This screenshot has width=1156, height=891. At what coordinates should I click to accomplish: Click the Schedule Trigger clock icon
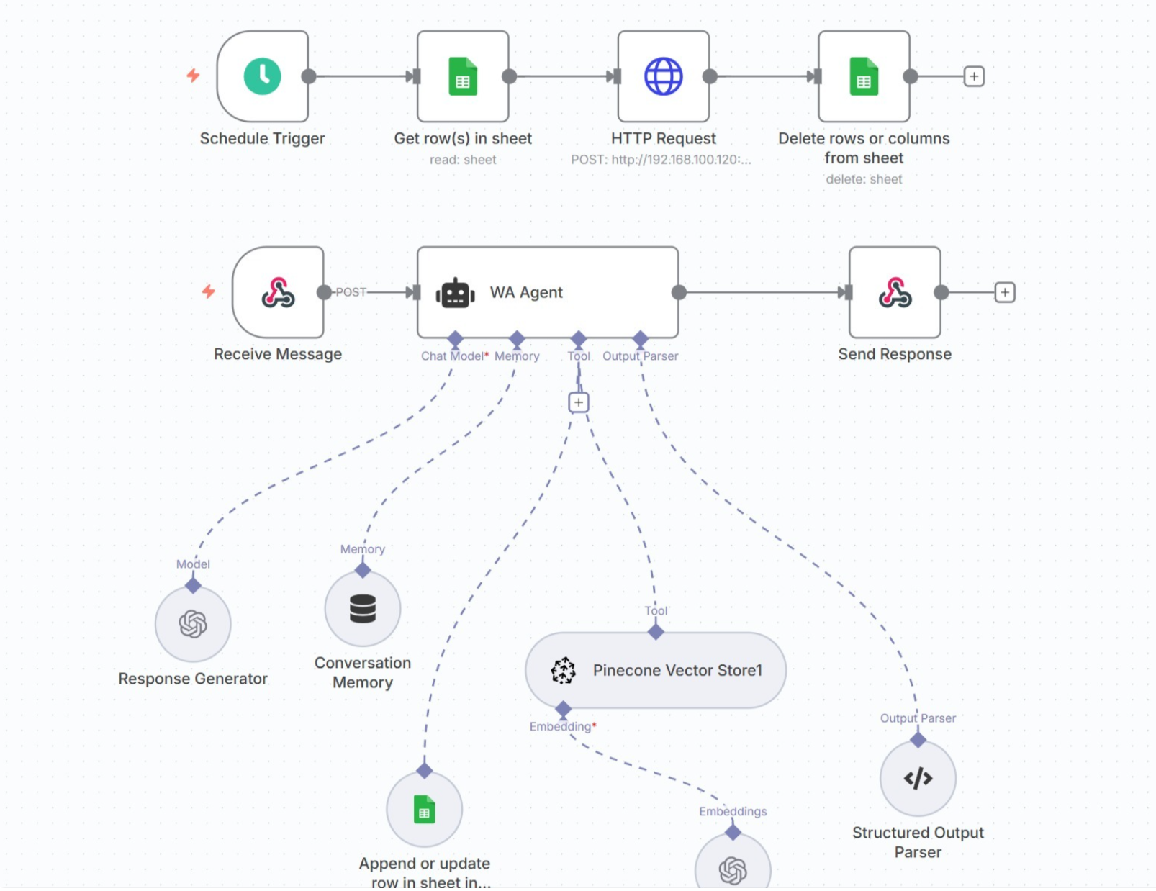[262, 76]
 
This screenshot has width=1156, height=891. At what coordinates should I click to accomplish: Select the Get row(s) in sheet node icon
[463, 76]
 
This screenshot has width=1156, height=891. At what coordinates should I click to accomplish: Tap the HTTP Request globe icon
[663, 76]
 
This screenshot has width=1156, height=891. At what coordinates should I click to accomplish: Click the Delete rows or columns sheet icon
[864, 76]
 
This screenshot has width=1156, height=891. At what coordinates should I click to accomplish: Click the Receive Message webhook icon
[278, 292]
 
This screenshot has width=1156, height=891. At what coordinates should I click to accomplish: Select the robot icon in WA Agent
[455, 293]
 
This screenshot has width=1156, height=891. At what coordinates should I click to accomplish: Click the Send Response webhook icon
[895, 292]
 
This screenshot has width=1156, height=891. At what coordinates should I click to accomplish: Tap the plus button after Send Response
[1005, 292]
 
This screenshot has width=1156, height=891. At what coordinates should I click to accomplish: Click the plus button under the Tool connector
[579, 402]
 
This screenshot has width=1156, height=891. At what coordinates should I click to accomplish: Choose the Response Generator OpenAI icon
[193, 623]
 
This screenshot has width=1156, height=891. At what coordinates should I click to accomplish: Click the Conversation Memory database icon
[363, 609]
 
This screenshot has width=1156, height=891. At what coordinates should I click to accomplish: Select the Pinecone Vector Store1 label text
[677, 670]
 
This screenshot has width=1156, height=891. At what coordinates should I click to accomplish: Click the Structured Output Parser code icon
[918, 778]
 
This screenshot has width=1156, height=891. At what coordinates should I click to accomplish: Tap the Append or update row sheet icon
[424, 810]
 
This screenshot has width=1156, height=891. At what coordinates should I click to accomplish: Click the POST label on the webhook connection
[351, 292]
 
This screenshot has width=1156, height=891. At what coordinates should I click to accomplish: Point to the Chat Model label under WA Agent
[452, 356]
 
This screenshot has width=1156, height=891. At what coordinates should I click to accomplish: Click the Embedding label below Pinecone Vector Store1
[560, 726]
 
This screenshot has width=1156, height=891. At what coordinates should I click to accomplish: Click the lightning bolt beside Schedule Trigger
[193, 76]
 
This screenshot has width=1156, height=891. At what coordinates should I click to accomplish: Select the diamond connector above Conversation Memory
[363, 570]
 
